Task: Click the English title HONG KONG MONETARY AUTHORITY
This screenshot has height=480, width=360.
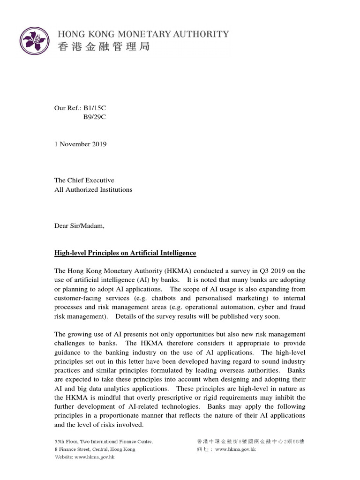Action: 143,34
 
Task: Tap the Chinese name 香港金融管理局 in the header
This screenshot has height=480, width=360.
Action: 103,46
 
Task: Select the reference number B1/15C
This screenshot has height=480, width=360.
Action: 95,108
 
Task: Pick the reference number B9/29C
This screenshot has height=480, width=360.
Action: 95,117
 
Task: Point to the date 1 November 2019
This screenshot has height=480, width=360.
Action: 81,144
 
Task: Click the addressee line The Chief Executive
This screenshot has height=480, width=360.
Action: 84,180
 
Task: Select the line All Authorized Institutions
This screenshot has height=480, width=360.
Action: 93,189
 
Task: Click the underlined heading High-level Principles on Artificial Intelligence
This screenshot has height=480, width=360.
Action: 125,253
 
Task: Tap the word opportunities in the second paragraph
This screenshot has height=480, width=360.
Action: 197,334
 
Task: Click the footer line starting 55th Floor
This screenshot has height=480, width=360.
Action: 104,442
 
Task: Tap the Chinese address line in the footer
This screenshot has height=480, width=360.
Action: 250,442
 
